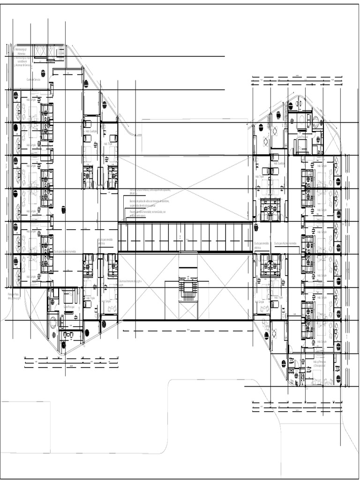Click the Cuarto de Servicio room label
(x=33, y=80)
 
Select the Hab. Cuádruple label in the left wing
(x=90, y=132)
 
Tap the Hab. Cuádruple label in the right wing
(x=278, y=164)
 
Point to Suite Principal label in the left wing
(x=69, y=307)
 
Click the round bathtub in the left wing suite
(x=53, y=322)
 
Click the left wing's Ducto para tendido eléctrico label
(x=105, y=241)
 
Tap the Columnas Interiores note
(x=130, y=282)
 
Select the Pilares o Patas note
(x=13, y=296)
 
